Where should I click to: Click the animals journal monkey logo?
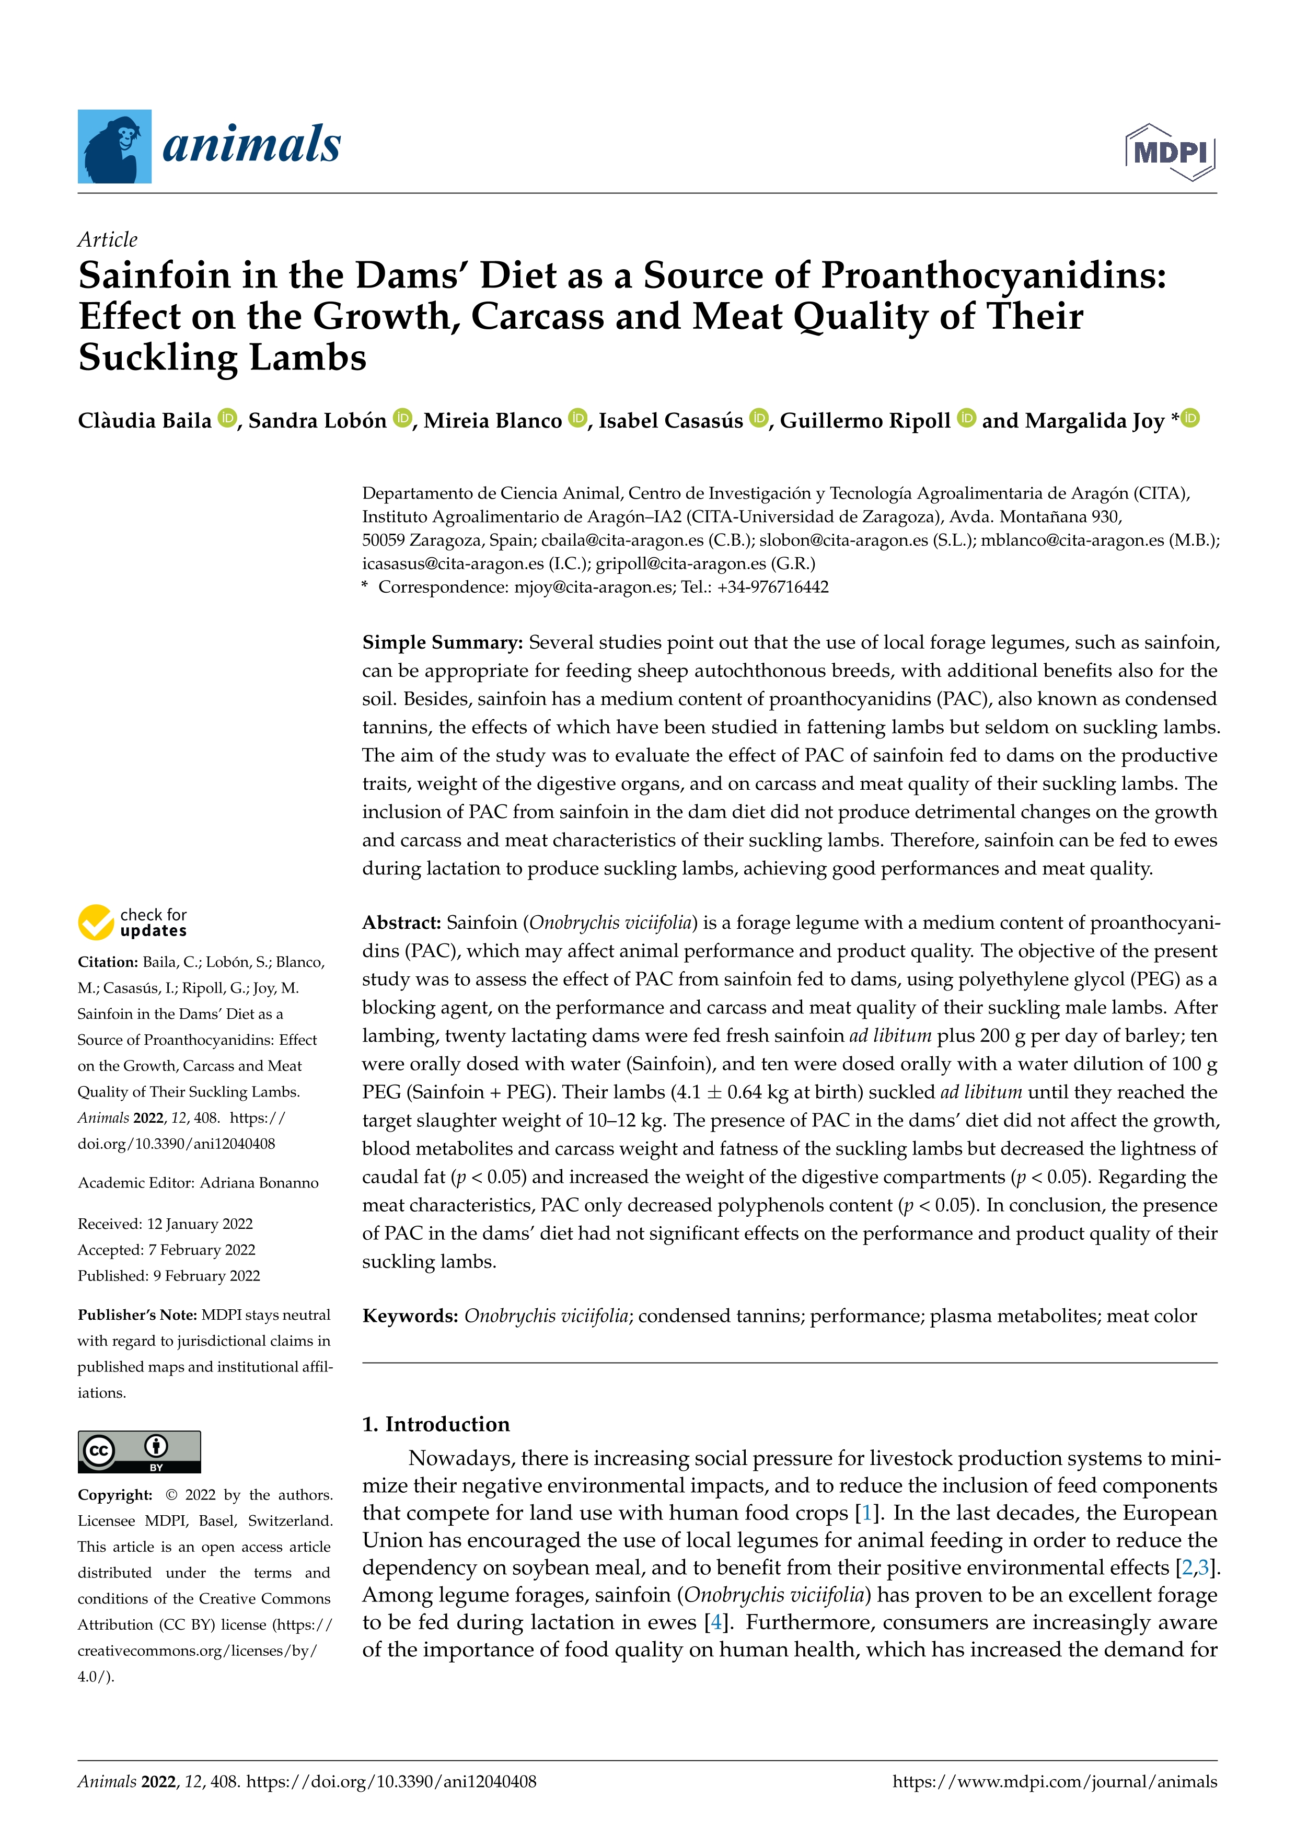114,147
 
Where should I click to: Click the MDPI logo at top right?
1170,152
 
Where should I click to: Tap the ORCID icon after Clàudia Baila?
227,418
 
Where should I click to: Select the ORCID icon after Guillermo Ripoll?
966,418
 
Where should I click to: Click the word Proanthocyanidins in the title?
993,275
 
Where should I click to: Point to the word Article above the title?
108,239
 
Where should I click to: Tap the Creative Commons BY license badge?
139,1451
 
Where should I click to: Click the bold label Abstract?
401,923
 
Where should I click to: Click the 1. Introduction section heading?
436,1424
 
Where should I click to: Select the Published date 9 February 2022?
207,1276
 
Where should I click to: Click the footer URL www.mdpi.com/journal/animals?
1054,1782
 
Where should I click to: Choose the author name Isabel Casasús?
670,421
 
